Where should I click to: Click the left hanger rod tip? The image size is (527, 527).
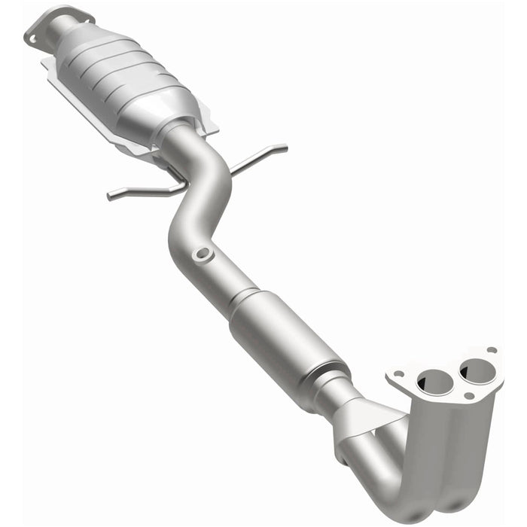point(110,197)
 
